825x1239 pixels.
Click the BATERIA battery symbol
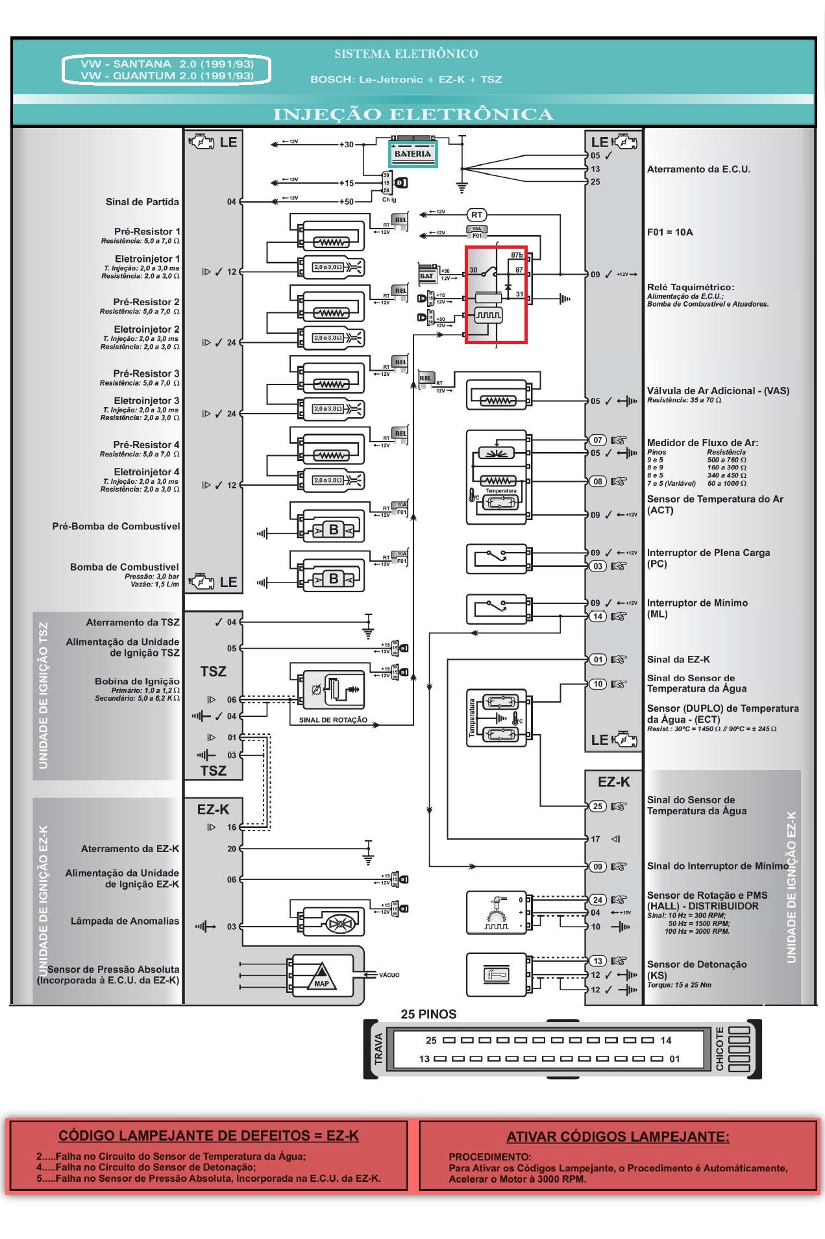click(x=413, y=153)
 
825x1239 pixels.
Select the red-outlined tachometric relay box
click(x=496, y=294)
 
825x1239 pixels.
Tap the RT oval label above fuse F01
click(x=477, y=215)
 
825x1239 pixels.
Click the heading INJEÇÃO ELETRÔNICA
click(x=413, y=115)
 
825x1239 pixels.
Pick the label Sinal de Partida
click(x=142, y=202)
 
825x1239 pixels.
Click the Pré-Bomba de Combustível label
click(x=116, y=526)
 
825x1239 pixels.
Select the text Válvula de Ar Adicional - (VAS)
click(x=718, y=391)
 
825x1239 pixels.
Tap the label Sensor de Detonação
click(x=696, y=964)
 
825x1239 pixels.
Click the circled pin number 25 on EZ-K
click(x=597, y=807)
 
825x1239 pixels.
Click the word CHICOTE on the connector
click(x=720, y=1048)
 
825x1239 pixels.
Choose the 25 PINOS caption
click(x=428, y=1014)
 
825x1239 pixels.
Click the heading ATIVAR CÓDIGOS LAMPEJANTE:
click(x=617, y=1136)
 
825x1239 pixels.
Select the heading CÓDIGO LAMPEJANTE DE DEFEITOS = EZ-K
click(x=208, y=1135)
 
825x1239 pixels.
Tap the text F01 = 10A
click(x=670, y=232)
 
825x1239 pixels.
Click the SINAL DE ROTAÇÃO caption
click(x=333, y=720)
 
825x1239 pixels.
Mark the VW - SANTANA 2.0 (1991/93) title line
click(x=167, y=64)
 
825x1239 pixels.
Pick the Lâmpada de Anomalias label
click(x=125, y=921)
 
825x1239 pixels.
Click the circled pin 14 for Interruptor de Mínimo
click(x=597, y=616)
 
